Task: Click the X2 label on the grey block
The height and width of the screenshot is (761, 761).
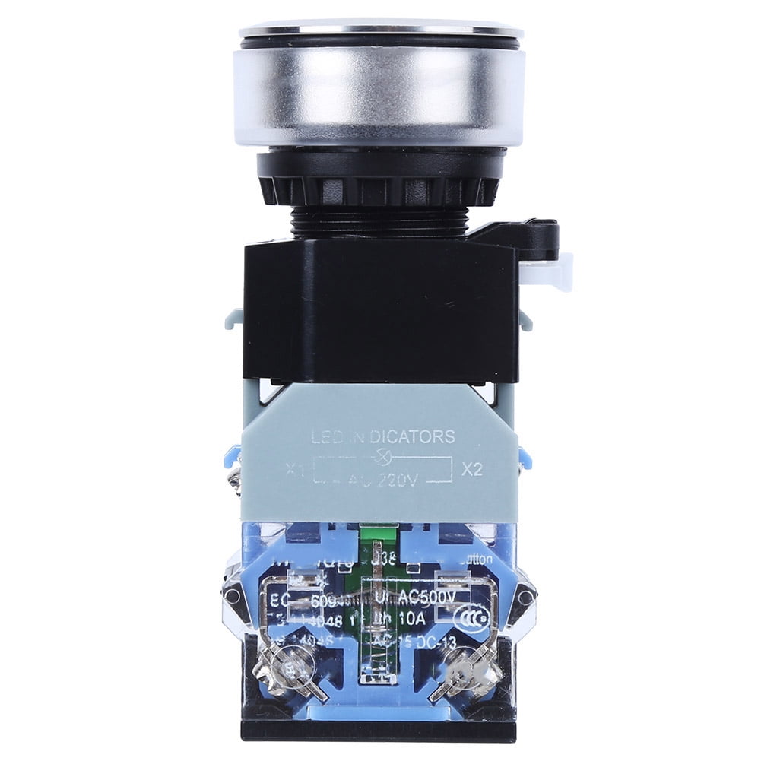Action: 472,469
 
